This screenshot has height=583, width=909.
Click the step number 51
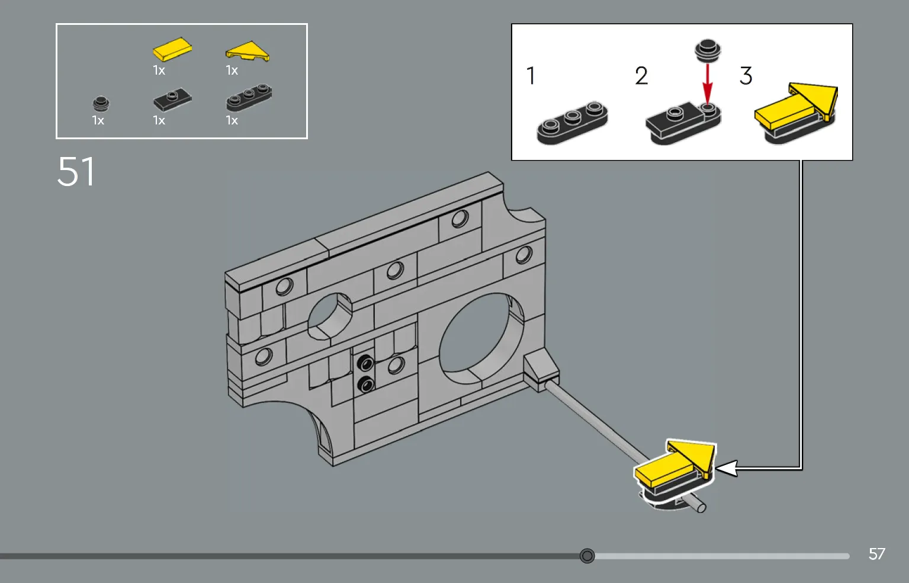point(76,172)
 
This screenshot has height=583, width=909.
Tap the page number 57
point(876,554)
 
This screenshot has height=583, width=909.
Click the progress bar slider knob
point(587,556)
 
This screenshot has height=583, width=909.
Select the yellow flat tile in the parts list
point(172,49)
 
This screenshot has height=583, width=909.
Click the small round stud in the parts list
point(101,104)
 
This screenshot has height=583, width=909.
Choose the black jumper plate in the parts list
point(172,99)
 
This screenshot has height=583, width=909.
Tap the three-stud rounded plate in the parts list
point(249,98)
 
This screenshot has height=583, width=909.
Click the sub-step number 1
point(531,76)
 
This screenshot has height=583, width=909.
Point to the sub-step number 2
point(641,76)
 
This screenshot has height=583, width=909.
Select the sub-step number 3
point(746,76)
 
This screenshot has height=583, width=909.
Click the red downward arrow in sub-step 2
point(707,83)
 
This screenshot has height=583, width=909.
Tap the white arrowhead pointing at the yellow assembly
point(726,468)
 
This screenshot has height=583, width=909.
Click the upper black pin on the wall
point(365,361)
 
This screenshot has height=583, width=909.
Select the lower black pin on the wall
point(365,385)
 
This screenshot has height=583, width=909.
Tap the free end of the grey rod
point(701,507)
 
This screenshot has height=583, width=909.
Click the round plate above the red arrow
point(707,50)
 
